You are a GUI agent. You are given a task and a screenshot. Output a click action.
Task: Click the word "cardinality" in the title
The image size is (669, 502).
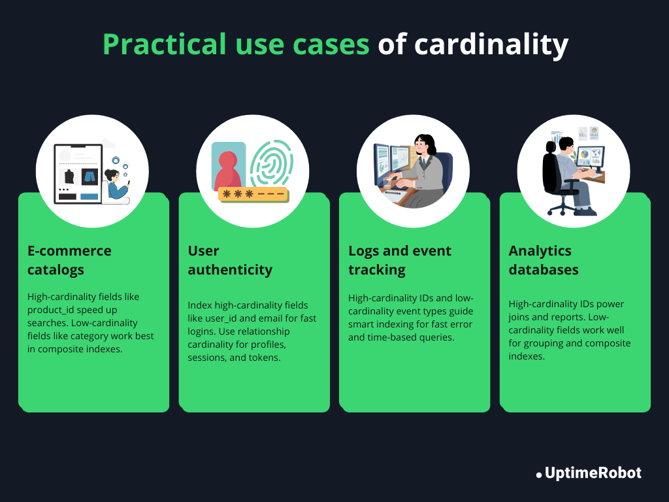491,45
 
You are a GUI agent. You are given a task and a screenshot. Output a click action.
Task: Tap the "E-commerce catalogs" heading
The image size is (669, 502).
69,260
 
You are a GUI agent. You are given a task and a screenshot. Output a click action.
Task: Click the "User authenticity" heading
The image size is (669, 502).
230,260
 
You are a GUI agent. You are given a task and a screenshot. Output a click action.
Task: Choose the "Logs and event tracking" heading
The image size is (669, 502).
400,260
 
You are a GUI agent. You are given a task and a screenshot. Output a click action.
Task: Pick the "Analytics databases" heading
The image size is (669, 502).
544,260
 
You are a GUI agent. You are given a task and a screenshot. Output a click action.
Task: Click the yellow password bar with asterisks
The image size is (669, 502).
253,194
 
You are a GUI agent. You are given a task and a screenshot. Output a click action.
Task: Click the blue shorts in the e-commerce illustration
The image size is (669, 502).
90,176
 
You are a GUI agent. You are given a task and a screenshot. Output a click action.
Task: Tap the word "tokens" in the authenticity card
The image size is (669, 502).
264,358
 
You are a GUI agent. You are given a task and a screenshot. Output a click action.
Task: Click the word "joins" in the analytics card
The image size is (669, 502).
521,317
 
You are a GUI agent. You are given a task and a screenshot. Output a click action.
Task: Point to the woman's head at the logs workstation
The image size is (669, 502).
425,144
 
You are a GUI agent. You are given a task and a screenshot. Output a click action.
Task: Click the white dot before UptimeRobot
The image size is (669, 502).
539,475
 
